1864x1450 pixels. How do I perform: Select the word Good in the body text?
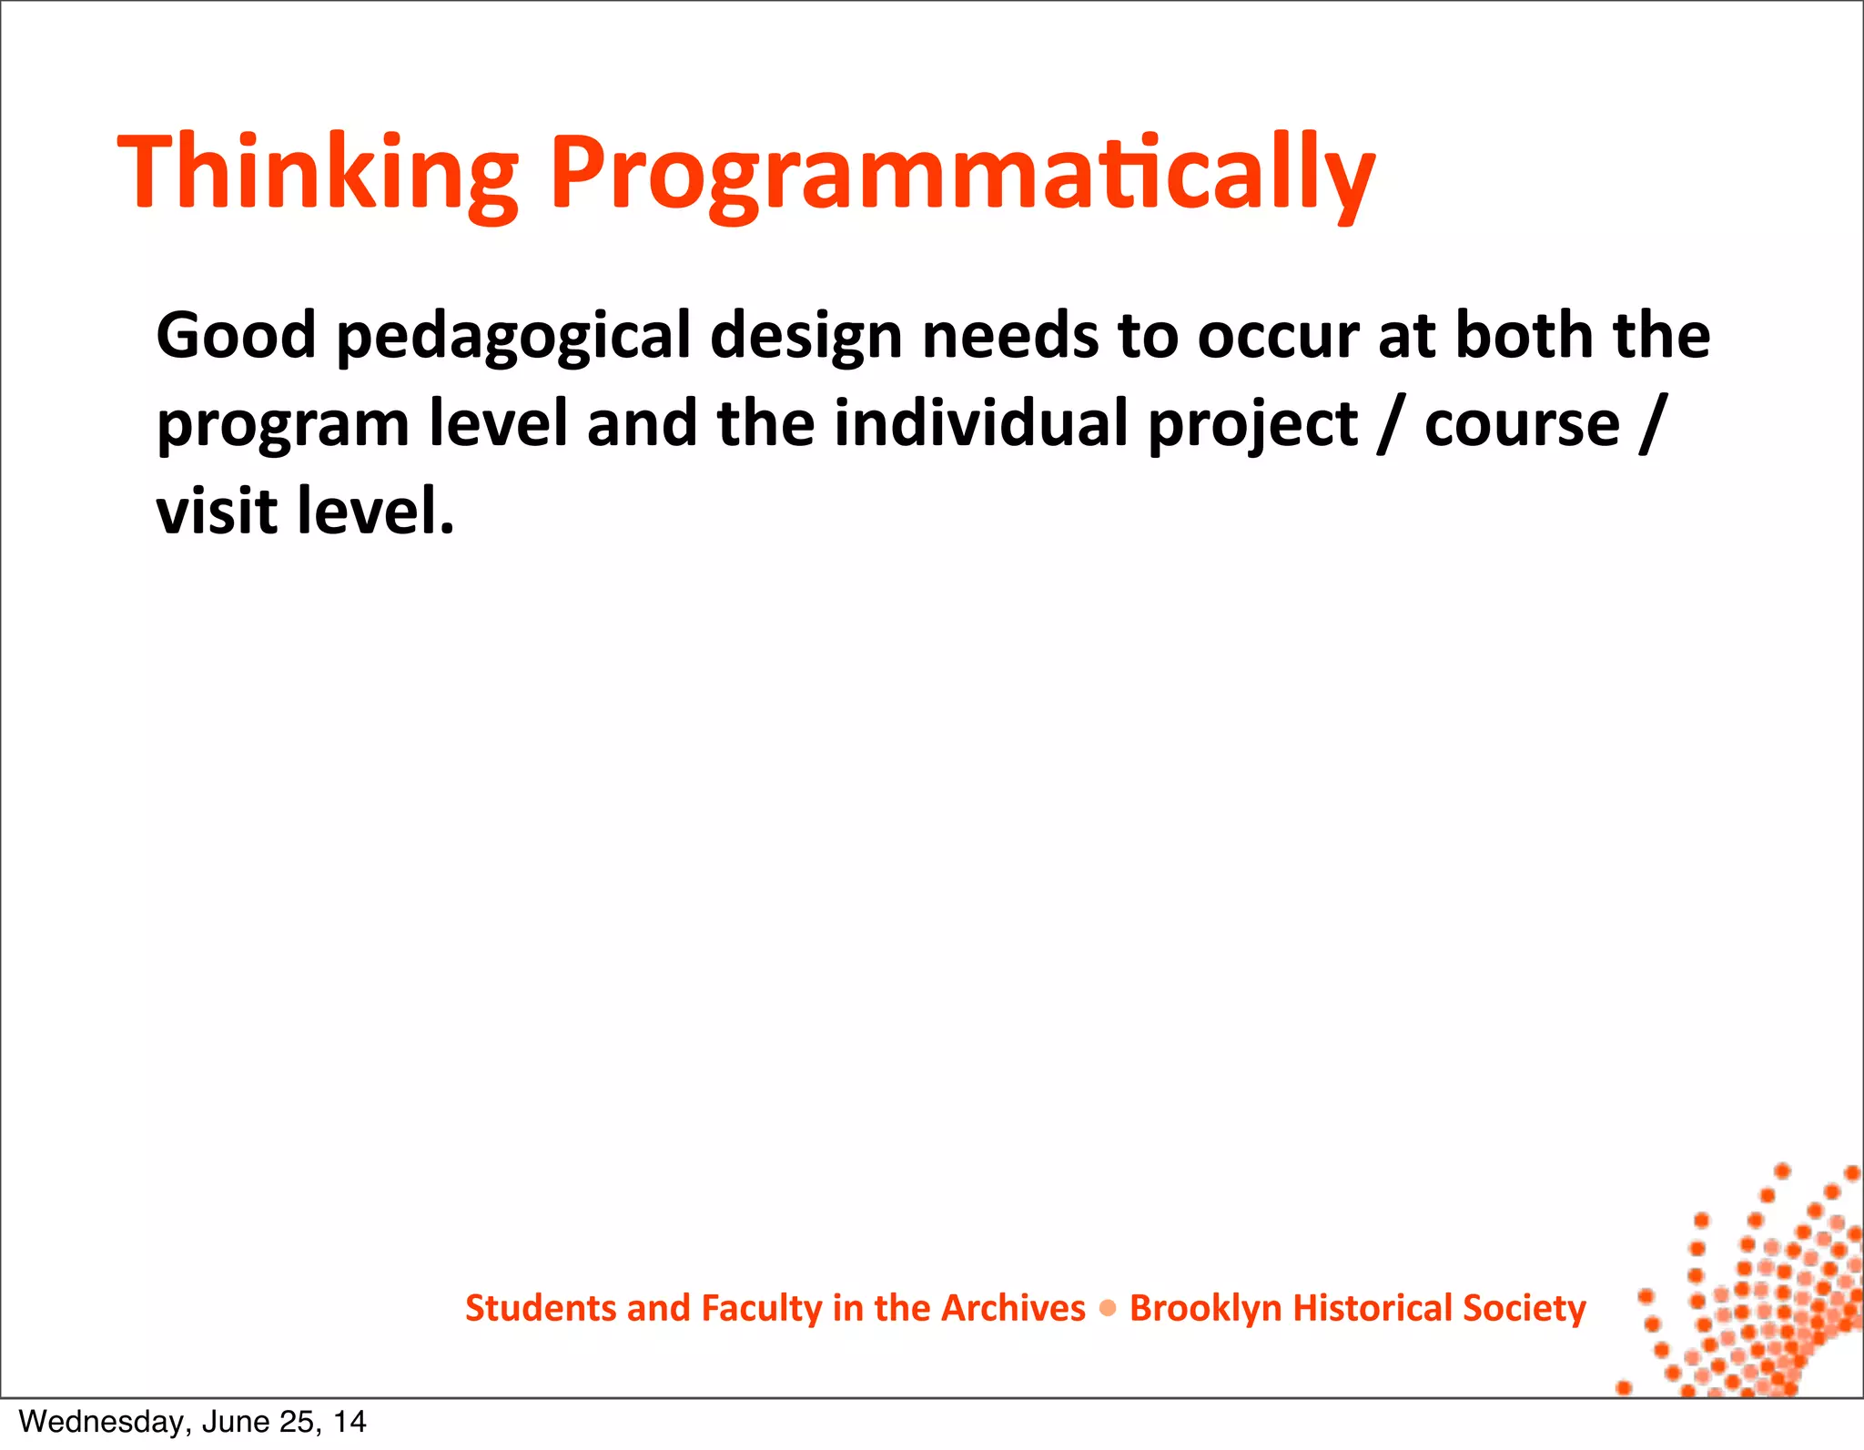[236, 336]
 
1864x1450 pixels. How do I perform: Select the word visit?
[217, 511]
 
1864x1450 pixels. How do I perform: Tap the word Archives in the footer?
[1012, 1308]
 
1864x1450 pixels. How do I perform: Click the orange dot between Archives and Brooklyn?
[1108, 1309]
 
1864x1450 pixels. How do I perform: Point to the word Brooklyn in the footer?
[1205, 1309]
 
